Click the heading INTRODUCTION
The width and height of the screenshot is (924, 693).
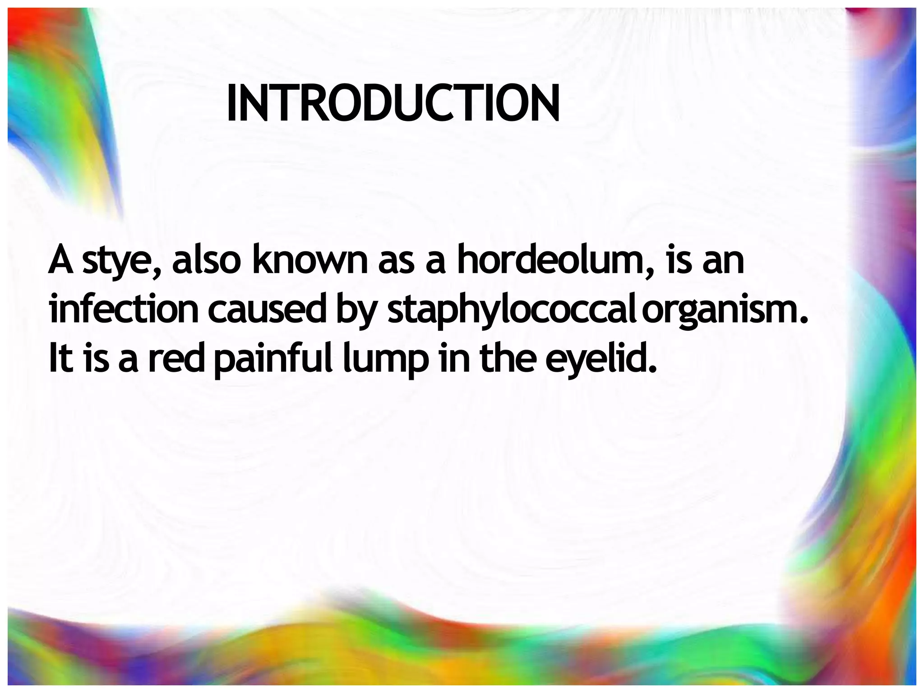point(393,104)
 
